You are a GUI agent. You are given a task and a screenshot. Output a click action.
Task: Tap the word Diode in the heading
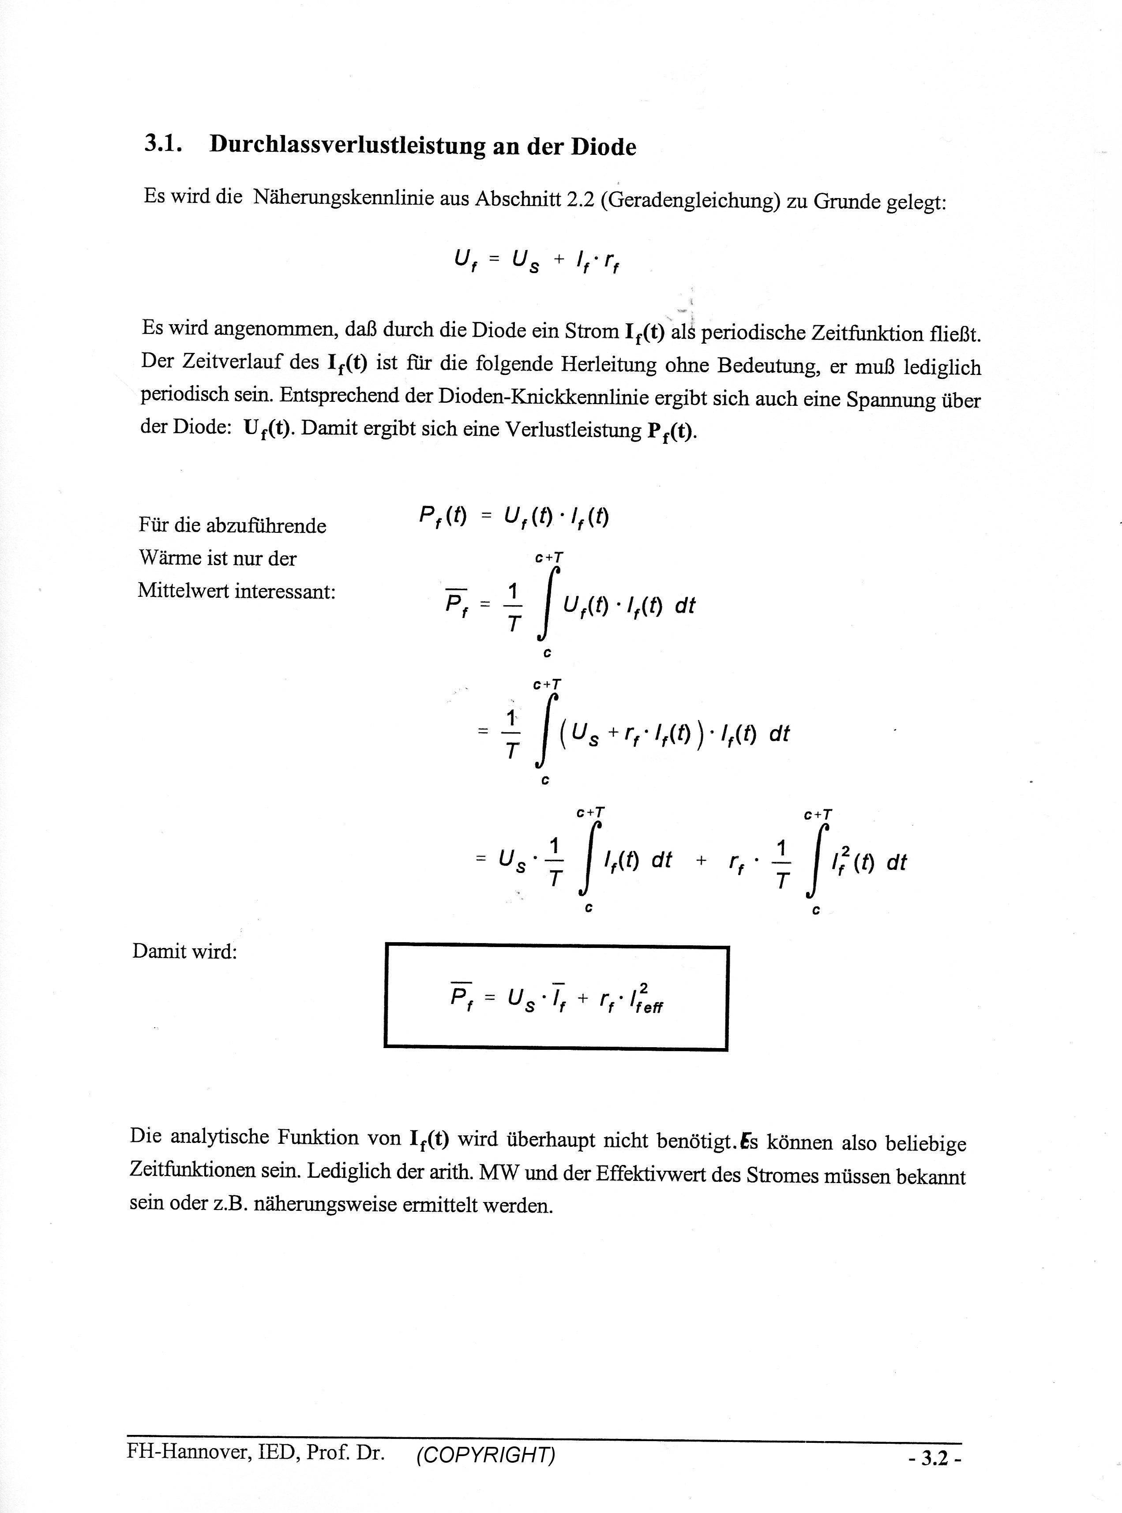603,147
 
